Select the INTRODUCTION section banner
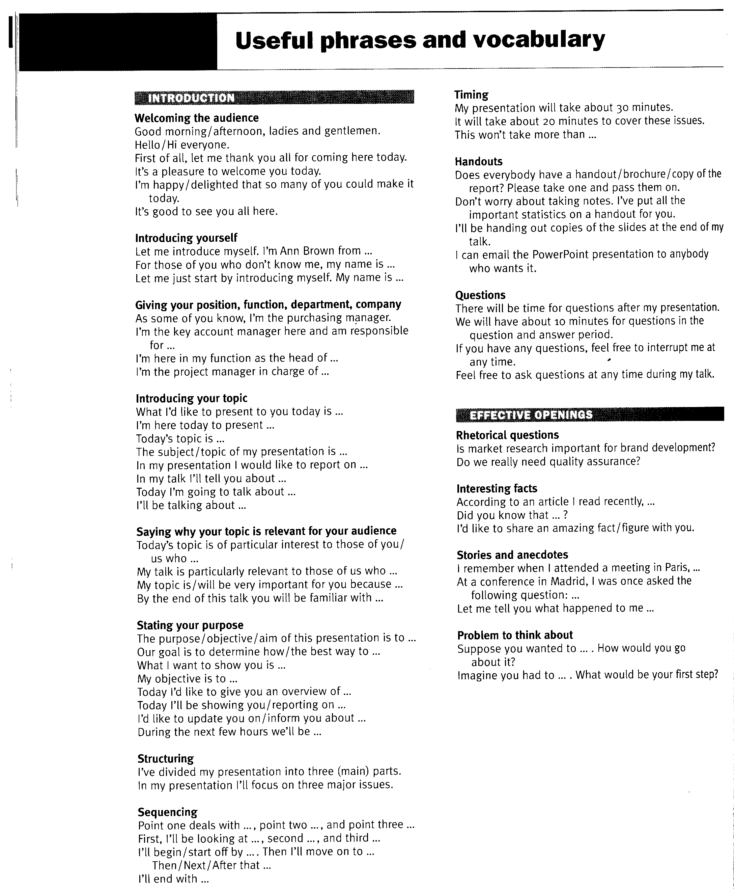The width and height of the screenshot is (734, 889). [x=274, y=98]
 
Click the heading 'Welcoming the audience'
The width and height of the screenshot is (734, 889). [x=197, y=118]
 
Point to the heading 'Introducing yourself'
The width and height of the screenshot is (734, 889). [x=186, y=238]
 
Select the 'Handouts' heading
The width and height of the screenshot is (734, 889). [x=478, y=161]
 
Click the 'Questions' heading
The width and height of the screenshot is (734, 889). [x=480, y=295]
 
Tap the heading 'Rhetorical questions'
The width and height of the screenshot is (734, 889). [x=507, y=435]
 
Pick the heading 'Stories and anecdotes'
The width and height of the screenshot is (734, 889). [x=512, y=555]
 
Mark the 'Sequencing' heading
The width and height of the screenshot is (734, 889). [x=167, y=812]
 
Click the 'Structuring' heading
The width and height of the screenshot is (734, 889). [x=165, y=758]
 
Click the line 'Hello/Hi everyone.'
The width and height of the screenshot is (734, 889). [x=182, y=145]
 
